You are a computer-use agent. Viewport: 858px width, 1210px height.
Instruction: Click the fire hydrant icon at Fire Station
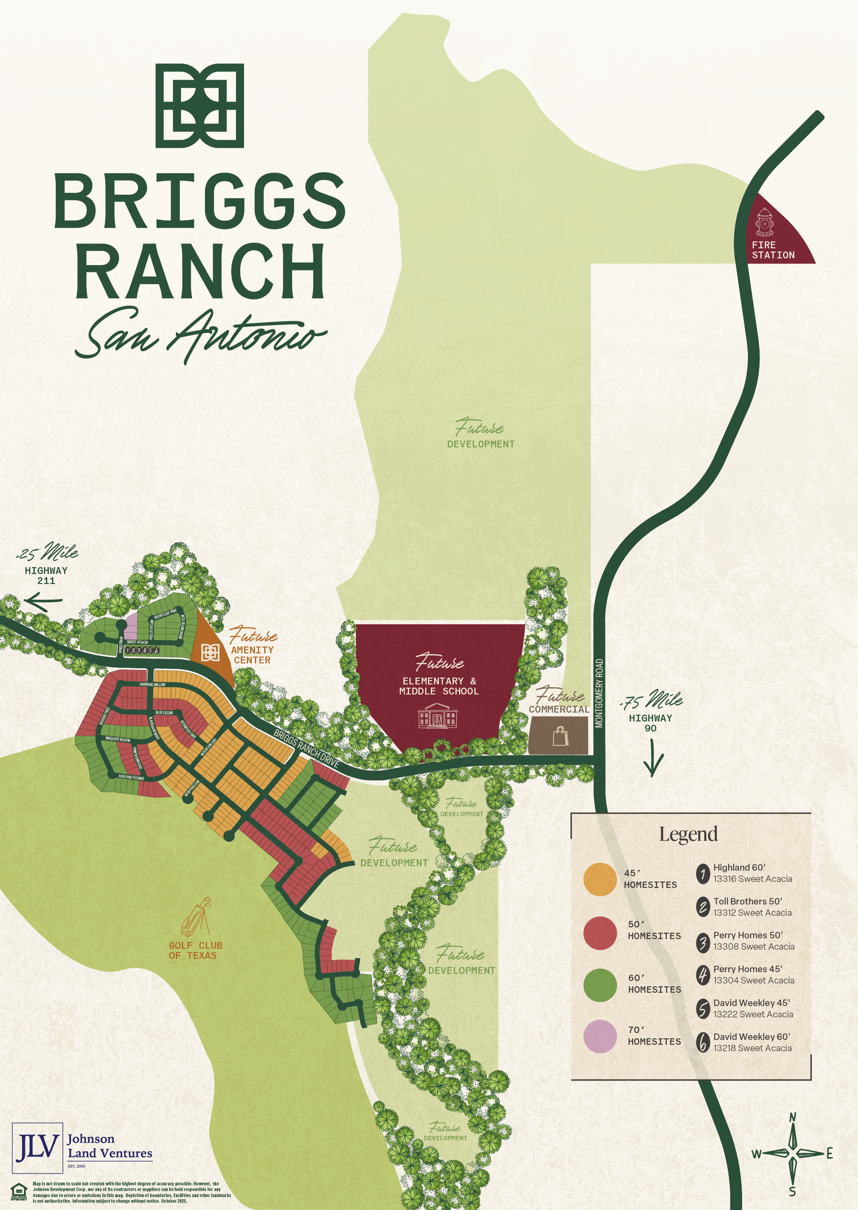pos(764,222)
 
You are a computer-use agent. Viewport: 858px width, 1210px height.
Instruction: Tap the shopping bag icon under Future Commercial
pos(560,736)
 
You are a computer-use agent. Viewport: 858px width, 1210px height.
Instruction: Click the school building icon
pos(437,716)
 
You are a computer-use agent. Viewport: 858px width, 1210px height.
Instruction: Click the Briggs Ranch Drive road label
pos(307,748)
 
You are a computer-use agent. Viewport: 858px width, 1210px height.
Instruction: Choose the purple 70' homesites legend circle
pos(600,1036)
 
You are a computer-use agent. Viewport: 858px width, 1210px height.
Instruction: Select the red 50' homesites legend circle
pos(600,933)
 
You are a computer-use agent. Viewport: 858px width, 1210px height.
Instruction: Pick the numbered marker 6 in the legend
pos(703,1043)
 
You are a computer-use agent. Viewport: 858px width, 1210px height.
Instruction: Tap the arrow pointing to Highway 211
pos(43,601)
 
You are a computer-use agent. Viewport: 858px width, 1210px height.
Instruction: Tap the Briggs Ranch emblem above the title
pos(200,106)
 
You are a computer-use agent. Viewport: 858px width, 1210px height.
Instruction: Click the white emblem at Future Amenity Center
pos(210,653)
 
